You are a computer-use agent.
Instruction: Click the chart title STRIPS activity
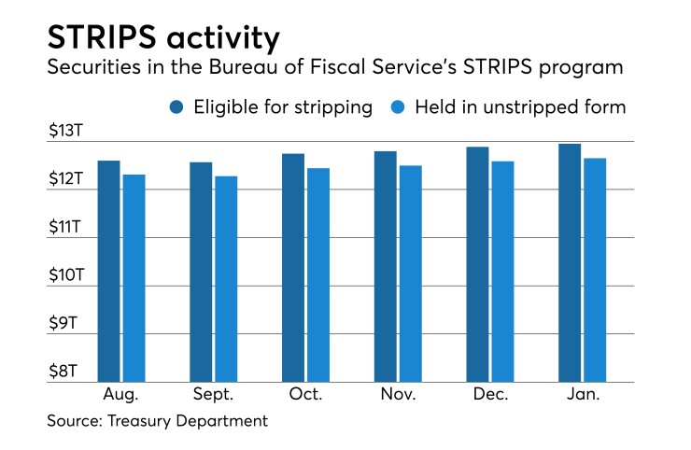coord(162,39)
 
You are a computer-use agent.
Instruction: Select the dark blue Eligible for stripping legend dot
coord(176,107)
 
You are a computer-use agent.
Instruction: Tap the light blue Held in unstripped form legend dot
coord(395,107)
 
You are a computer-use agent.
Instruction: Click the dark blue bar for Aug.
coord(109,271)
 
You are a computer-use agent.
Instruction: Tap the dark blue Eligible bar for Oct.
coord(293,267)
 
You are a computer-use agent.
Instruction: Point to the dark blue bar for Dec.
coord(477,264)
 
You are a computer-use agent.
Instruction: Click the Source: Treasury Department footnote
coord(158,421)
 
